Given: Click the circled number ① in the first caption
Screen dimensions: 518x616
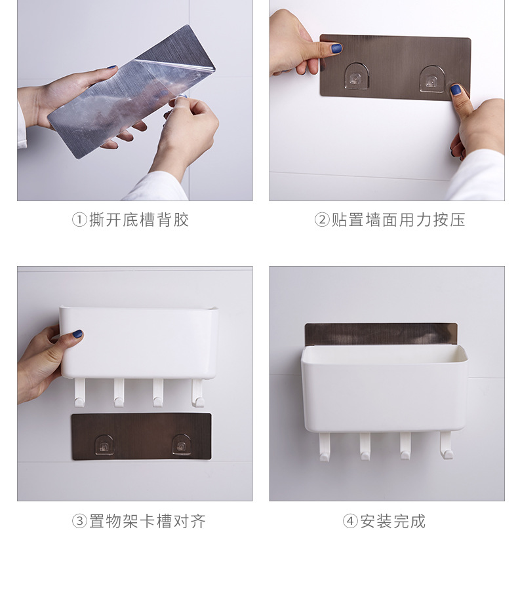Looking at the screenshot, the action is (79, 220).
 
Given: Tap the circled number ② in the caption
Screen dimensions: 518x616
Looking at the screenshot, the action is (321, 220).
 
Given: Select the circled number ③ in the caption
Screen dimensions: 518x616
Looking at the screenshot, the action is (79, 522).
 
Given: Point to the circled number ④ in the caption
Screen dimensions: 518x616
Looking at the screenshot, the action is (350, 522).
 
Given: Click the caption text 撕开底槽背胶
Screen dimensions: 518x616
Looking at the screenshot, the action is (139, 220).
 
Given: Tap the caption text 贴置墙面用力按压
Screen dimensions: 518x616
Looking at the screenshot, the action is (398, 220).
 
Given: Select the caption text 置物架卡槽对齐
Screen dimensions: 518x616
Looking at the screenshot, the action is (148, 522).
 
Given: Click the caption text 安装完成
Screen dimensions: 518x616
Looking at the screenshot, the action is (393, 522).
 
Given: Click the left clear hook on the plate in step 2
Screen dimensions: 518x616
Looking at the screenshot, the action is (356, 76).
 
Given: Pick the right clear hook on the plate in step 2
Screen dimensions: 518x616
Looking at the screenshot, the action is (432, 79).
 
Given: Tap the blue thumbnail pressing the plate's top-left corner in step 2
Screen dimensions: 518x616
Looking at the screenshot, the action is (336, 48).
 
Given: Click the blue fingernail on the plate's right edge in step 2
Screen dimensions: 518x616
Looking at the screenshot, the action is (456, 90).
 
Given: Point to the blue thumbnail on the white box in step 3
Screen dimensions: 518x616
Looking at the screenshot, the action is (77, 334).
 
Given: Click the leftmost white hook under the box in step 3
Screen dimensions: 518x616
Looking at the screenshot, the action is (79, 393).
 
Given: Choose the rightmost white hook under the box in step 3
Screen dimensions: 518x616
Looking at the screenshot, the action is (197, 393).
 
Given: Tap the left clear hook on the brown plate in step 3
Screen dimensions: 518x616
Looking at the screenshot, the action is (104, 445).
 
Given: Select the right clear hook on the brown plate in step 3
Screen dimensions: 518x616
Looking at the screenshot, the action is (182, 445).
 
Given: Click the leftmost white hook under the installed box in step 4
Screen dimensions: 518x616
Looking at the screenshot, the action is (324, 447).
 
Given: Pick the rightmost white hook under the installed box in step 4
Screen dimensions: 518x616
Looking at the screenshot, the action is (447, 446).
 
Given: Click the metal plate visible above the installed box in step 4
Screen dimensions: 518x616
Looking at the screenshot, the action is (381, 334).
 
